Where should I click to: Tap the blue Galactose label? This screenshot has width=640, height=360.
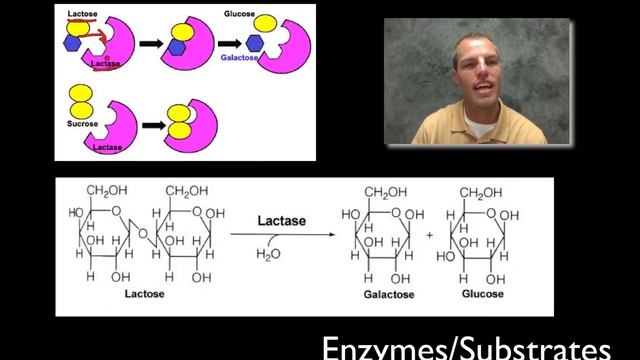click(239, 59)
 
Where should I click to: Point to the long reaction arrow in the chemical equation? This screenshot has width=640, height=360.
click(279, 234)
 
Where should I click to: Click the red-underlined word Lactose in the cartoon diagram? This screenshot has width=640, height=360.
click(82, 14)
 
